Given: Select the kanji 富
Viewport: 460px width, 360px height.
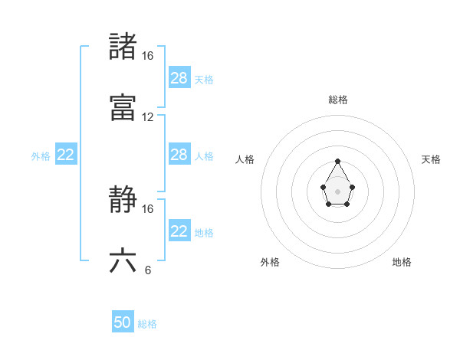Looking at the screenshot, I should pos(123,107).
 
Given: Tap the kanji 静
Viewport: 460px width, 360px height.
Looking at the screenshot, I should pos(123,199).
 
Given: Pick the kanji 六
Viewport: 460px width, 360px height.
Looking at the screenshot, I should pos(123,260).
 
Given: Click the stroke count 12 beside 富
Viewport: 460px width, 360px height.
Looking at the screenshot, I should pos(148,117).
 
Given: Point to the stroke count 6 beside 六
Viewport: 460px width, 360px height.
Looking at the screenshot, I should pos(148,270).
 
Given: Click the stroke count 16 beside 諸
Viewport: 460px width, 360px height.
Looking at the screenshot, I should pos(148,56).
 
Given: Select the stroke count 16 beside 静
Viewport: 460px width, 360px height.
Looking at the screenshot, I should pos(148,208).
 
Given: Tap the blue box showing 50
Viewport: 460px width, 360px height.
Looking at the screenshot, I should pos(123,322).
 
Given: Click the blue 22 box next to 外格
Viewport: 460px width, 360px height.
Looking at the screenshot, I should pos(66,155).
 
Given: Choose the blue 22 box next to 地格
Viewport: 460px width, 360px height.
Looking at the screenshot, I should pos(179,231).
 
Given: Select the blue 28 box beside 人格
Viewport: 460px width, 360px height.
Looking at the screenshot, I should pos(179,155).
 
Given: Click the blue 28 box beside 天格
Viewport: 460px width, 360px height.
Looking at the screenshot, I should pos(179,78).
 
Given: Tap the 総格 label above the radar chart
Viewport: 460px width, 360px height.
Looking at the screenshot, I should pos(338,100).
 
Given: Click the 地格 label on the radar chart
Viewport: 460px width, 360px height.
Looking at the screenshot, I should pos(402,262).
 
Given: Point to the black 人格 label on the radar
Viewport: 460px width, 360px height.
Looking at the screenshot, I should pos(245,159).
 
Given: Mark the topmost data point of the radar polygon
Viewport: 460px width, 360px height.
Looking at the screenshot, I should pos(338,162).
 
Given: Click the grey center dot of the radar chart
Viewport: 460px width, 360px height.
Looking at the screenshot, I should pos(338,191).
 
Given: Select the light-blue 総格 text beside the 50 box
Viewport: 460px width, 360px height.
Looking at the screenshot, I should pos(147,324).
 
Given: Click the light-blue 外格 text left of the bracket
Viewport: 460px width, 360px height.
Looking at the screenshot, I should pos(41,156).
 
